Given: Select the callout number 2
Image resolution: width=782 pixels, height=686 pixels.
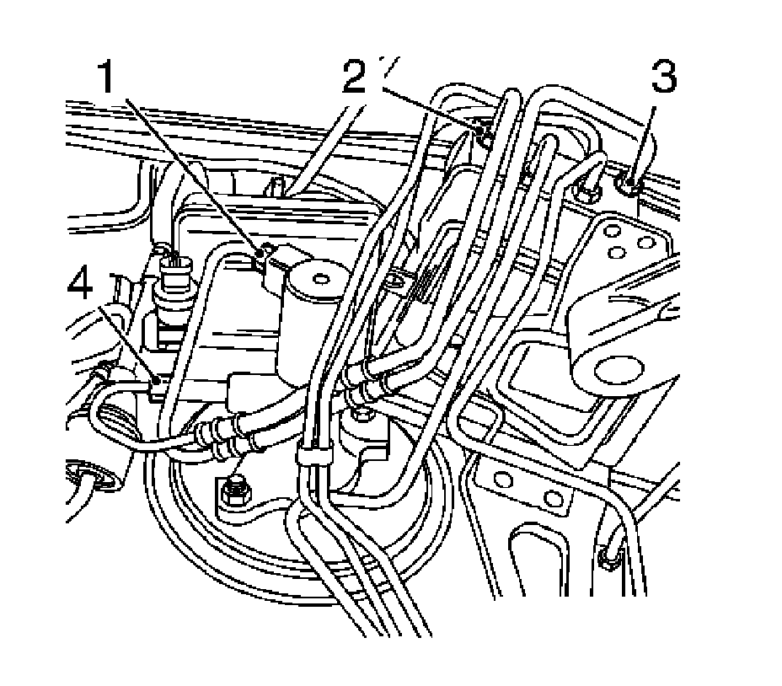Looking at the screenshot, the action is click(356, 78).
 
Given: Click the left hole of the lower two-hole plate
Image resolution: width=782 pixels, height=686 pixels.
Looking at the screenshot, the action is click(503, 480).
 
